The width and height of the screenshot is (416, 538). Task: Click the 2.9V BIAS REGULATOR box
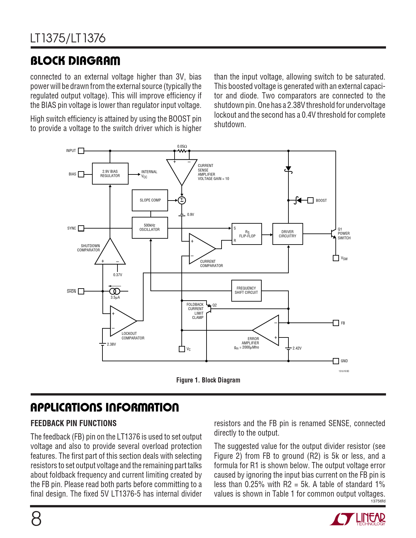click(110, 173)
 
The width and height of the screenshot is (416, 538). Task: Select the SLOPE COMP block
click(150, 200)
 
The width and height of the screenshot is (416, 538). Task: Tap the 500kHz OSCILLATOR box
click(150, 228)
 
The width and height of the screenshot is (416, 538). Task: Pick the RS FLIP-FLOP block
click(247, 234)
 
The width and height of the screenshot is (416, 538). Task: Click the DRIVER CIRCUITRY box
click(287, 234)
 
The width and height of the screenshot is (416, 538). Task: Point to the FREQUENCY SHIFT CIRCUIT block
click(246, 290)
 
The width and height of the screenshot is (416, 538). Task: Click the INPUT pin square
click(81, 151)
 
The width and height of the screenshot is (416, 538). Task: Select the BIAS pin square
click(81, 174)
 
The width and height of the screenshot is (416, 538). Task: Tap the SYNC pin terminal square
click(81, 228)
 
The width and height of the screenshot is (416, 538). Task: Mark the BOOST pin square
click(311, 200)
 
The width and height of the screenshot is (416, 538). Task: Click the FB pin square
click(336, 323)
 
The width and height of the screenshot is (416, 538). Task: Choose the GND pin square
click(336, 361)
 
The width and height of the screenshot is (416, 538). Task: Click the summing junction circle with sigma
click(182, 200)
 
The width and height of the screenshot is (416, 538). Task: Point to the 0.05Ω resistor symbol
click(182, 151)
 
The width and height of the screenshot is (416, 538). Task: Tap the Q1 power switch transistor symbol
click(333, 234)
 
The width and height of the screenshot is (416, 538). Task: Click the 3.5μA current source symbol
click(115, 291)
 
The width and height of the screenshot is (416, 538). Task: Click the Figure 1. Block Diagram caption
click(208, 380)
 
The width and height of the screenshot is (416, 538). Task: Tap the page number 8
click(36, 519)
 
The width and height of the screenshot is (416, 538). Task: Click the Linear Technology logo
click(358, 519)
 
